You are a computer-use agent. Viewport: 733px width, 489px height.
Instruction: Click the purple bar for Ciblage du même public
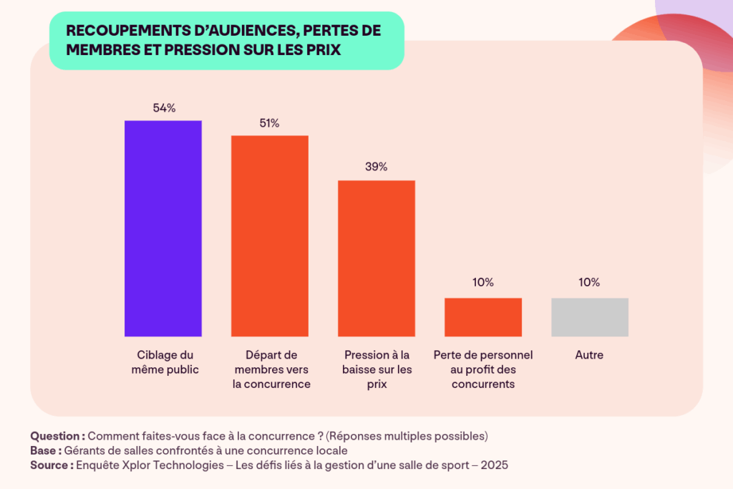(x=163, y=228)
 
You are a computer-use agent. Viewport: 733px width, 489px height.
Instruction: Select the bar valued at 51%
(x=269, y=236)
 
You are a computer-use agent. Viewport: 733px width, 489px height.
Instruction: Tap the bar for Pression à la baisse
(x=377, y=258)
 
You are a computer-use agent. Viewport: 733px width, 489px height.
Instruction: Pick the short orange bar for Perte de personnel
(x=483, y=317)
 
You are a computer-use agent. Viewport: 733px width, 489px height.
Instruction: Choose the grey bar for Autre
(x=590, y=317)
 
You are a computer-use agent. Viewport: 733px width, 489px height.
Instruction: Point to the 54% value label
(x=164, y=108)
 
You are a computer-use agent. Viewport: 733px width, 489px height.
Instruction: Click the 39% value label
(x=377, y=167)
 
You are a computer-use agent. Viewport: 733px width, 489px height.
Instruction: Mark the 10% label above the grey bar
(x=590, y=282)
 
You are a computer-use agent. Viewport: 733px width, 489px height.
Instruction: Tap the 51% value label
(x=270, y=123)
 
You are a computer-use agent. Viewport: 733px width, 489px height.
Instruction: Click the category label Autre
(x=590, y=355)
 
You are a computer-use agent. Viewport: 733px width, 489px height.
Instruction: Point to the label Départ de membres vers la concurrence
(x=271, y=369)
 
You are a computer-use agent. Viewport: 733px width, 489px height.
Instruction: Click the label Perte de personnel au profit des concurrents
(x=483, y=369)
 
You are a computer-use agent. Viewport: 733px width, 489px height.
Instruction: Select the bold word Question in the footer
(x=56, y=436)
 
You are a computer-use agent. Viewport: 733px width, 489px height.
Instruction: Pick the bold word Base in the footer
(x=44, y=450)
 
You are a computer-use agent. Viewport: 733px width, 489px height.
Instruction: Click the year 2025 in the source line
(x=494, y=465)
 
